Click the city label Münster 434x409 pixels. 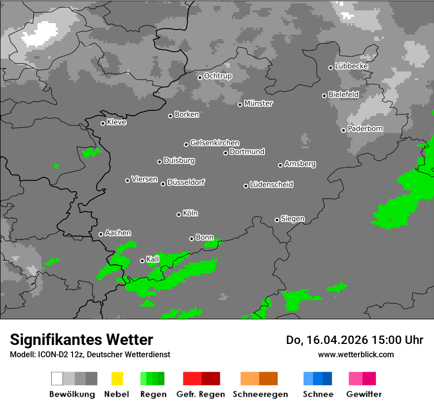click(x=258, y=103)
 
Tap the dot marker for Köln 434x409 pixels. click(x=179, y=214)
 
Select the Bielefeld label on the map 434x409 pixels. click(x=343, y=95)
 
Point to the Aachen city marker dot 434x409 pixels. click(x=101, y=234)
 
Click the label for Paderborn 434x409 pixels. click(x=365, y=129)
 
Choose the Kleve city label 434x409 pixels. click(x=116, y=122)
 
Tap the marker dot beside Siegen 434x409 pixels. click(x=277, y=220)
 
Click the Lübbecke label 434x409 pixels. click(x=351, y=66)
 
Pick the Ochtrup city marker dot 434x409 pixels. click(x=200, y=77)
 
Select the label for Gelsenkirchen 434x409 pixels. click(x=215, y=143)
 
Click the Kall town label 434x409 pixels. click(x=152, y=259)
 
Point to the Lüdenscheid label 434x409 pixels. click(x=271, y=185)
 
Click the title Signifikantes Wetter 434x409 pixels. click(x=81, y=340)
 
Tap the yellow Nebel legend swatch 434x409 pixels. click(x=117, y=378)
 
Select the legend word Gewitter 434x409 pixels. click(x=364, y=394)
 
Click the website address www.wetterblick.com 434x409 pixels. click(x=356, y=354)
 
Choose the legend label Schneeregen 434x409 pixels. click(x=259, y=394)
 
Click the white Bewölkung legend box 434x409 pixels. click(x=57, y=378)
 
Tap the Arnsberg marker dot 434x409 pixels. click(x=280, y=165)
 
